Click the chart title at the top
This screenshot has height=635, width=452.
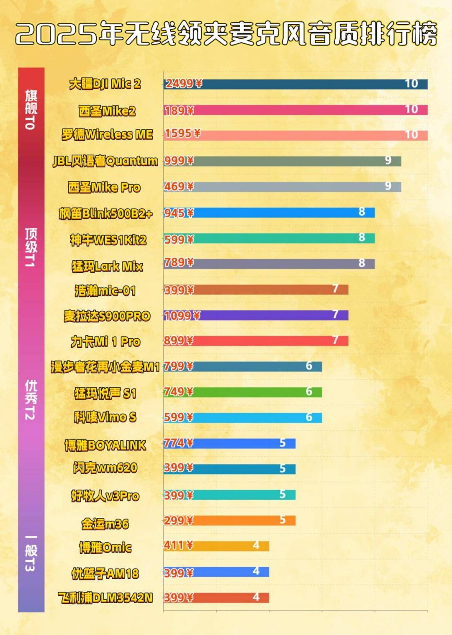(x=226, y=33)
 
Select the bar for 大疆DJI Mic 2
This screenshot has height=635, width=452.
(x=295, y=84)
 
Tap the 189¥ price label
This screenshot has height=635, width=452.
(x=179, y=111)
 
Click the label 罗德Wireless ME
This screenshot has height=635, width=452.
(x=107, y=135)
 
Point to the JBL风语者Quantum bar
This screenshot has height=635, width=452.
(x=282, y=161)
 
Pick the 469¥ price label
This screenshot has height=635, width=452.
(x=179, y=187)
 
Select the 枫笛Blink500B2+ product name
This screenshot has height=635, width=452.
(x=105, y=214)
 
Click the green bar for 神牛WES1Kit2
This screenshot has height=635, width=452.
(x=269, y=239)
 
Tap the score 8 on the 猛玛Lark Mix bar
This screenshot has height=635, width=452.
(x=362, y=263)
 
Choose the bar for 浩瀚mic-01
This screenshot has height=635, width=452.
(x=256, y=290)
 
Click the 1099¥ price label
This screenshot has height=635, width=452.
(x=182, y=316)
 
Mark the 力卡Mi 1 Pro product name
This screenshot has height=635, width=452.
(x=105, y=342)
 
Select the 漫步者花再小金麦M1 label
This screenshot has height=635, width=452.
(x=105, y=367)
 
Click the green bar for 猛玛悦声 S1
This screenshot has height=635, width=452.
(x=243, y=392)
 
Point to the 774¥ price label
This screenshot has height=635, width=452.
(x=179, y=443)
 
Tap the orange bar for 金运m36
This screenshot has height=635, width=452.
(x=229, y=520)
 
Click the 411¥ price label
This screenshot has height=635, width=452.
(x=179, y=545)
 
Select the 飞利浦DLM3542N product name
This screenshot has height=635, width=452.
(x=105, y=598)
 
